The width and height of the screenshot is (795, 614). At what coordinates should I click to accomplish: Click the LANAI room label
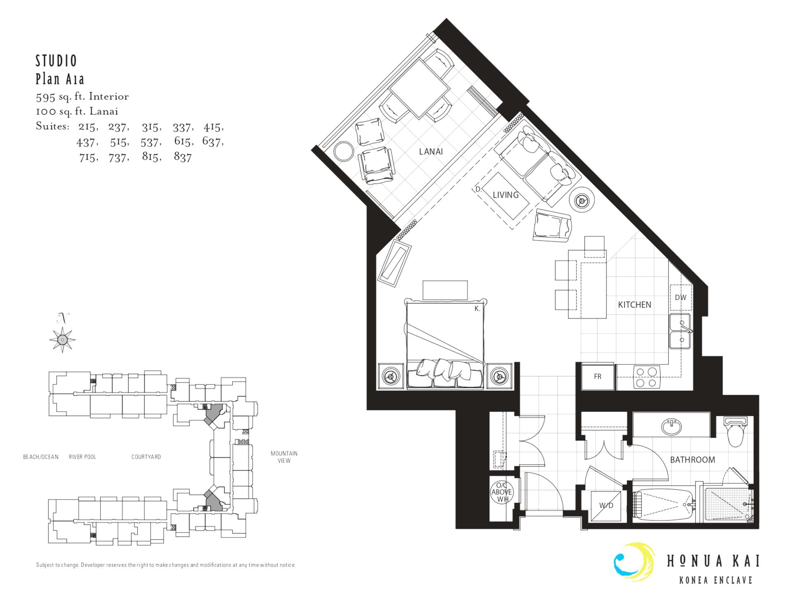click(x=431, y=151)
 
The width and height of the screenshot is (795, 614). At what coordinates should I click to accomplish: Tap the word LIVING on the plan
click(x=506, y=195)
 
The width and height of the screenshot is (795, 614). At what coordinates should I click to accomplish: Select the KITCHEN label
click(x=634, y=305)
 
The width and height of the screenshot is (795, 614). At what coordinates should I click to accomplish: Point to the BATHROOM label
click(x=692, y=460)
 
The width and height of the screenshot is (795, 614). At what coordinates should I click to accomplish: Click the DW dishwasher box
click(x=681, y=297)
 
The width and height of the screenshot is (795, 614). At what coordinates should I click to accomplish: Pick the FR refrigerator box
click(x=597, y=377)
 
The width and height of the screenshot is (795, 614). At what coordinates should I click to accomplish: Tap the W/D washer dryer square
click(x=606, y=506)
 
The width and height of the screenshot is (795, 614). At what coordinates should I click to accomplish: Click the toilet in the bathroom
click(x=735, y=432)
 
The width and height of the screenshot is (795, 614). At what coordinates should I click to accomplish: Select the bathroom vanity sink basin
click(x=672, y=427)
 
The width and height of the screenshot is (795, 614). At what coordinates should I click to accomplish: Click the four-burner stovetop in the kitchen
click(x=646, y=377)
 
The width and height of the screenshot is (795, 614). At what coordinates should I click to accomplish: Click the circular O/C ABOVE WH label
click(x=502, y=492)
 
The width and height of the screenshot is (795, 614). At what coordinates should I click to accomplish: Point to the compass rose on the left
click(x=62, y=340)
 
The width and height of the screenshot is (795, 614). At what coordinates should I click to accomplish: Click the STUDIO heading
click(x=56, y=61)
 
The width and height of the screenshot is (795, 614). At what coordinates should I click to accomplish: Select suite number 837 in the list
click(x=183, y=157)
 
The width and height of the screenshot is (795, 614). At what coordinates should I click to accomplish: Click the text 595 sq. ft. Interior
click(x=82, y=97)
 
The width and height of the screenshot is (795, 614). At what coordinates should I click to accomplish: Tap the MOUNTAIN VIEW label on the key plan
click(x=284, y=457)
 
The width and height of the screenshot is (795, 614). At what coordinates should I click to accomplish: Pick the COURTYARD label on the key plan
click(x=146, y=457)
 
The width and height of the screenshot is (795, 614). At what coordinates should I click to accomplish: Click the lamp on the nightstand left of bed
click(x=390, y=376)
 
